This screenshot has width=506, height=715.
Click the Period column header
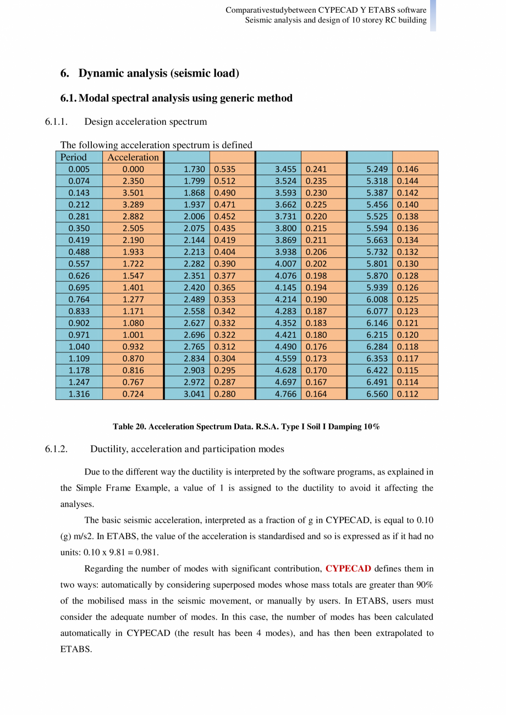74,157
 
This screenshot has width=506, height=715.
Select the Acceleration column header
133,157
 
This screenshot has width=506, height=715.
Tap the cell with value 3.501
133,193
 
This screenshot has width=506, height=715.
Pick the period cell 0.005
79,169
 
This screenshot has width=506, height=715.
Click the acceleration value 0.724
133,394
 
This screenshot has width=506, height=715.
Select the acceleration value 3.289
133,205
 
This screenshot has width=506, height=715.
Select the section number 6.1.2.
56,449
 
